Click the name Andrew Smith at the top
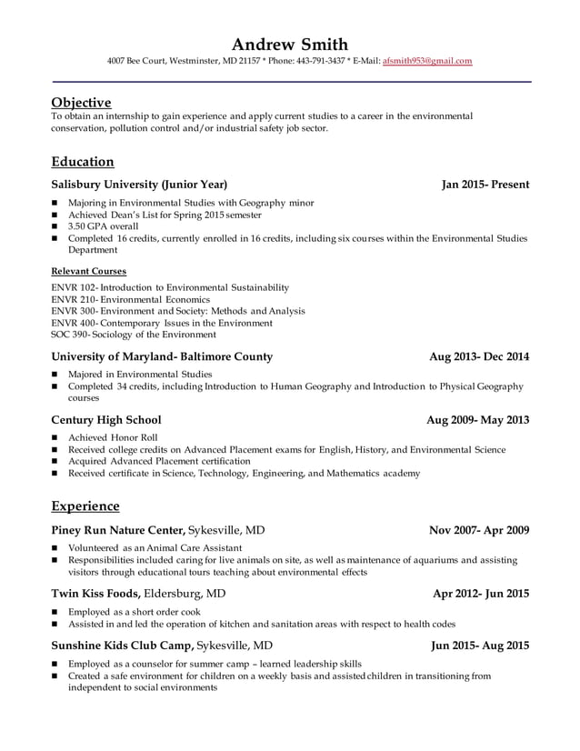pos(289,44)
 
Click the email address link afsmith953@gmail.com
pos(427,61)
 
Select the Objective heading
pos(81,102)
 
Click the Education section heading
pos(83,162)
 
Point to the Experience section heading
pos(85,506)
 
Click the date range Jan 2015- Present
pos(485,185)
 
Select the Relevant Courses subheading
pos(88,271)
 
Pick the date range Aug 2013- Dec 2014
pos(479,356)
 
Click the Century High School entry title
pos(106,420)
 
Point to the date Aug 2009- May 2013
pos(478,420)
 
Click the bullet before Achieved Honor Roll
pos(55,438)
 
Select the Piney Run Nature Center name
pos(118,530)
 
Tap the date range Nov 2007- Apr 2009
pos(479,530)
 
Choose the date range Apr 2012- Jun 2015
pos(481,594)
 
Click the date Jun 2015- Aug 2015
pos(480,646)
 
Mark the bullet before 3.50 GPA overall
pos(55,226)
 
